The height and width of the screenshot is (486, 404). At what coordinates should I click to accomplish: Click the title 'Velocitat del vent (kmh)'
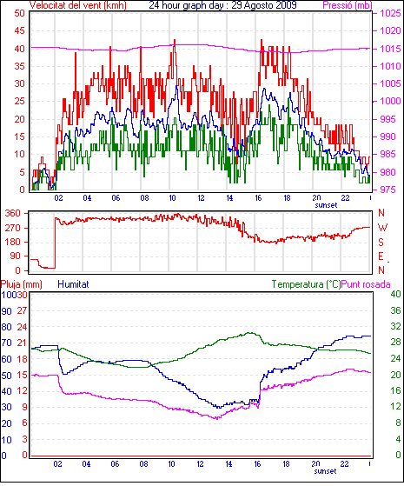78,5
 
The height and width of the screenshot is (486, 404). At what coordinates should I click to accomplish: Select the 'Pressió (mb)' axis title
348,5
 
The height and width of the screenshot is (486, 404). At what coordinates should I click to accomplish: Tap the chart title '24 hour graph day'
186,5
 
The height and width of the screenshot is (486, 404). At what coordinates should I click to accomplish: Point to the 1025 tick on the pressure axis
390,13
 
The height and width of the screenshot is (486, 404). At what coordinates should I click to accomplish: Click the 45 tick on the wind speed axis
19,30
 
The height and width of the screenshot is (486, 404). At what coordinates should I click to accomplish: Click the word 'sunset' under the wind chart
326,205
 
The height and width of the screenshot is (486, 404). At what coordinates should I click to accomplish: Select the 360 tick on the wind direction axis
12,213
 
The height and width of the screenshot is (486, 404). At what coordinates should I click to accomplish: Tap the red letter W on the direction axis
382,228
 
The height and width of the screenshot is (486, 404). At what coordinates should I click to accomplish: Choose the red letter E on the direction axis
381,256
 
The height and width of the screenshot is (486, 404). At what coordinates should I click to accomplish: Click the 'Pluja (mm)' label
22,284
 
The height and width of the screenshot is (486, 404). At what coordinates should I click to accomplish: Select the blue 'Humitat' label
73,284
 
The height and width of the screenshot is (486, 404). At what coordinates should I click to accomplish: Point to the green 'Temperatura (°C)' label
306,284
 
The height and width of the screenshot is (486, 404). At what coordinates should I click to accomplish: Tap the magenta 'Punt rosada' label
366,284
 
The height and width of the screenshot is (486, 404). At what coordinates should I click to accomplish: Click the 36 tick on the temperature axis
395,310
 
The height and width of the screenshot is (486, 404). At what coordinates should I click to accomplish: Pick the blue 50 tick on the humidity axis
6,376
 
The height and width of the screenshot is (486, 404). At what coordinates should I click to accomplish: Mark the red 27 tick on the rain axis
22,310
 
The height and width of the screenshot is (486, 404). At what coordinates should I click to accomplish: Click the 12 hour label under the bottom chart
201,464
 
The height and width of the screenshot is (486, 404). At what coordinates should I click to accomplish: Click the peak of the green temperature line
249,333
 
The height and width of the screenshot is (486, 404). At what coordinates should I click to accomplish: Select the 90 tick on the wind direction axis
16,256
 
